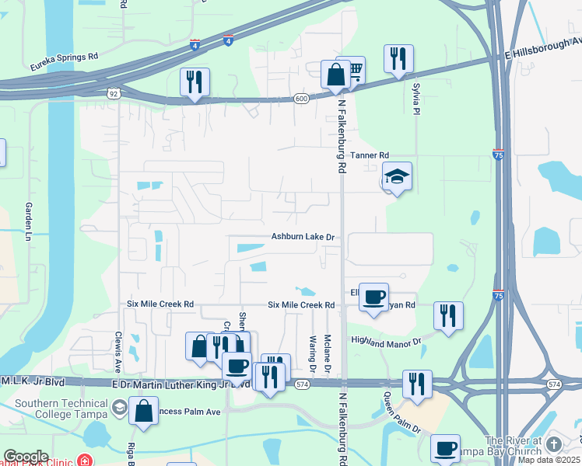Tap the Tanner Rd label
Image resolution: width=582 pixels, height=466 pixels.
tap(368, 156)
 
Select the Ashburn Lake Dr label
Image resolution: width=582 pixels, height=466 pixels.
tap(303, 237)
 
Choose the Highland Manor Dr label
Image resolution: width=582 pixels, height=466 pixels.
tap(385, 341)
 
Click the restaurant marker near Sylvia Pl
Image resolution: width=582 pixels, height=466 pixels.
tap(398, 58)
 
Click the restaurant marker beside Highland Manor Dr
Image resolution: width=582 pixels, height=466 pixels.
tap(448, 315)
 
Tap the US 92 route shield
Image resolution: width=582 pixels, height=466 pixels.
tap(114, 92)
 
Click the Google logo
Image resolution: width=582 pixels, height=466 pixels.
tap(26, 457)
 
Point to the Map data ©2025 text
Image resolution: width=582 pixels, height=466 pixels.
tap(549, 460)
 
